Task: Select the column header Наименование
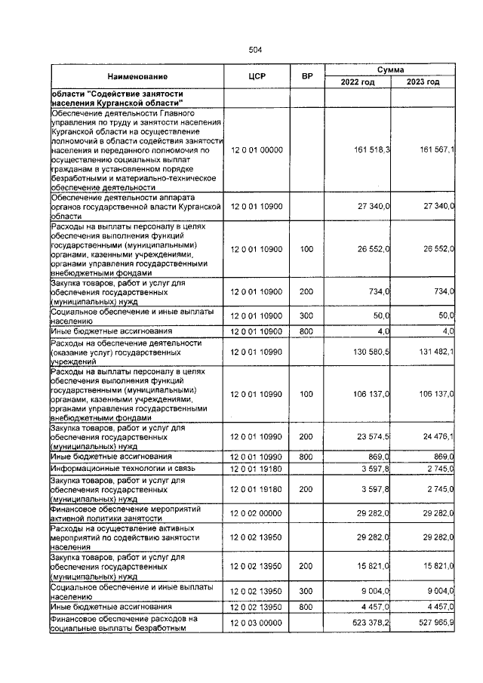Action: (x=137, y=76)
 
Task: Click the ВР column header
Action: (x=306, y=76)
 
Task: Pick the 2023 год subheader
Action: (x=422, y=82)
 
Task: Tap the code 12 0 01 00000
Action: (x=257, y=150)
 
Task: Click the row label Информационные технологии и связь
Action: (x=122, y=468)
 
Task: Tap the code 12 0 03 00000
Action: (x=257, y=624)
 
